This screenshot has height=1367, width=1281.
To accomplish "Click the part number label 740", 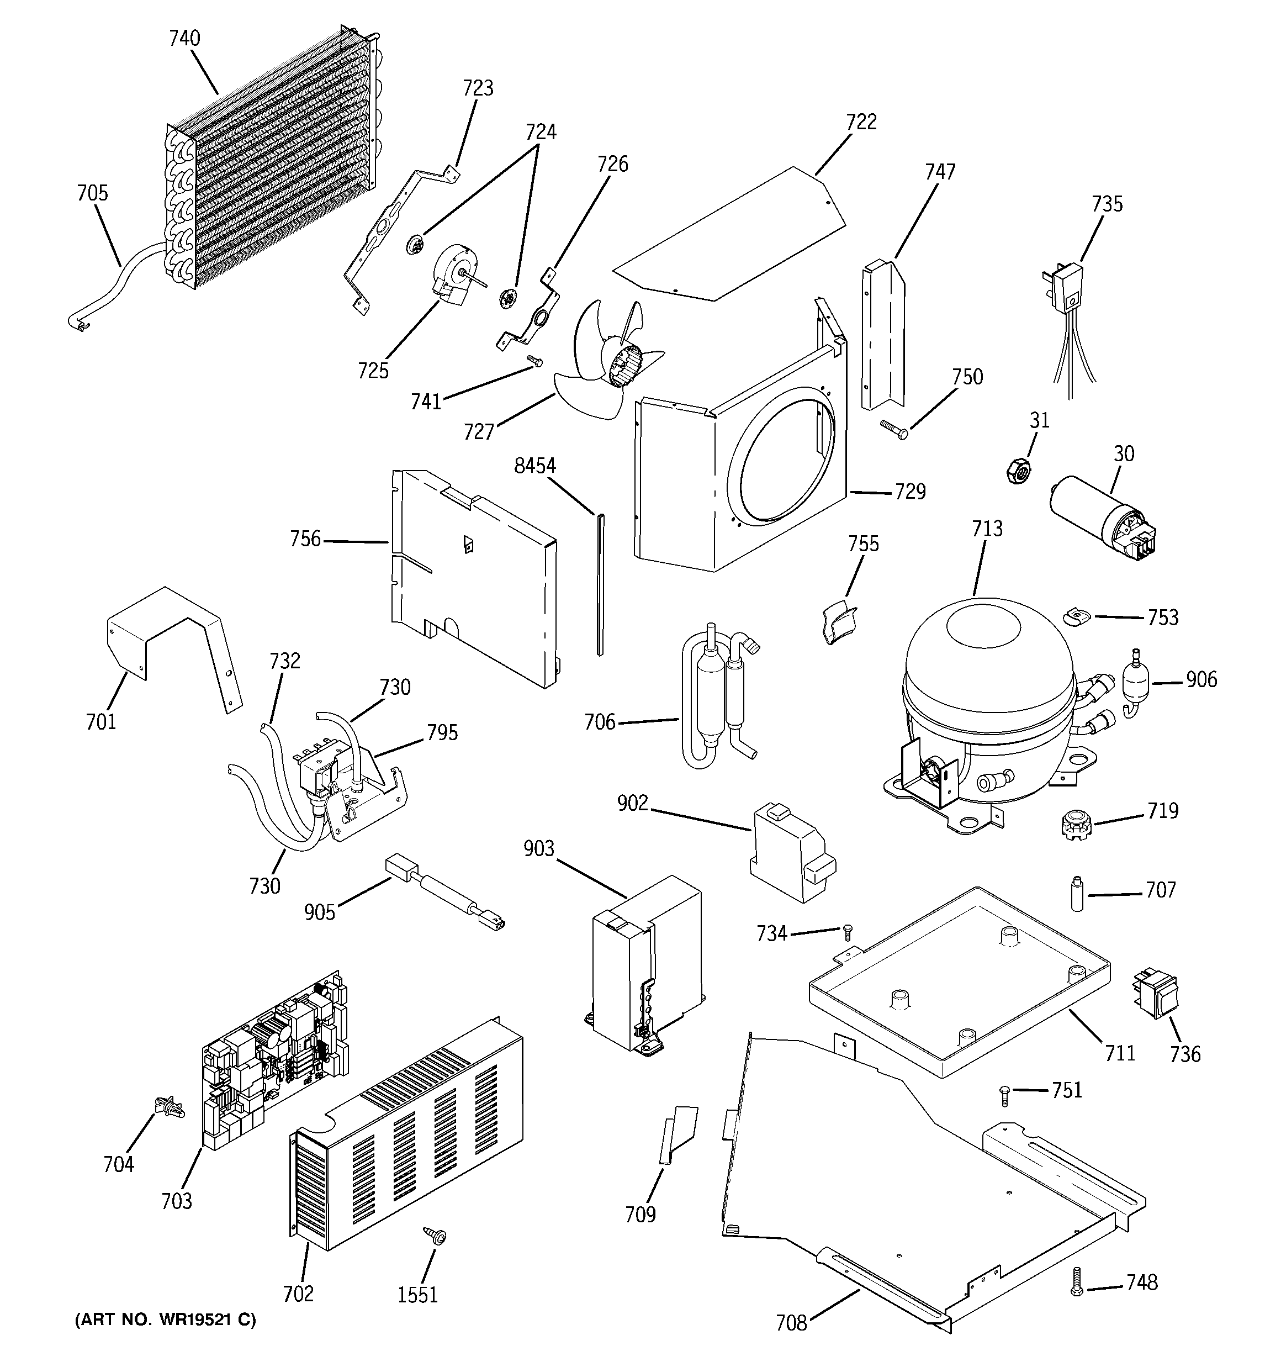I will coord(184,39).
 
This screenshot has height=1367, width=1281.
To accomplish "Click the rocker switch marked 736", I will coord(1156,993).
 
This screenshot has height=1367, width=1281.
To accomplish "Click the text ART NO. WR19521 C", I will coord(165,1320).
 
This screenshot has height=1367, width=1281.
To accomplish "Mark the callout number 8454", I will coord(535,466).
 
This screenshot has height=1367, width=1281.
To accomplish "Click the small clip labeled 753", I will coord(1076,615).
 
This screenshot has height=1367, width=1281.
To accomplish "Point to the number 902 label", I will coord(632,803).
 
